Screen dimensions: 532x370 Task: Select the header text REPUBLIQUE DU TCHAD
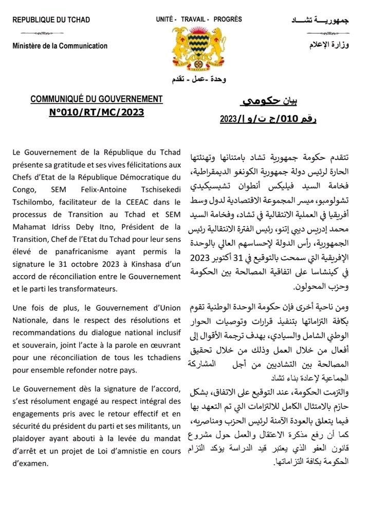coord(51,20)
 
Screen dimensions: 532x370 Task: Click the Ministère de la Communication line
coord(60,46)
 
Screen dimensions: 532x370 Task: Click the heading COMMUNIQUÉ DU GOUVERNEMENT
coord(97,99)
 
